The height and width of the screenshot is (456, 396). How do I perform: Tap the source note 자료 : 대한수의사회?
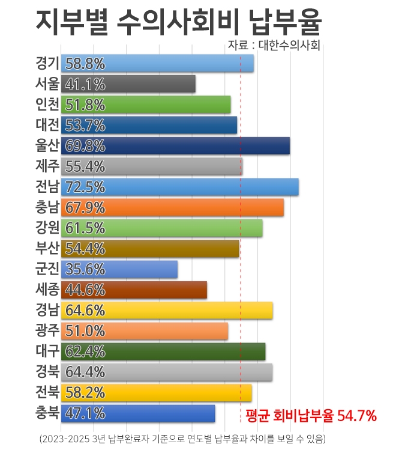274,45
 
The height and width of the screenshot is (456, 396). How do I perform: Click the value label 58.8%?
85,64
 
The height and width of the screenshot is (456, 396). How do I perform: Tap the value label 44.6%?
85,290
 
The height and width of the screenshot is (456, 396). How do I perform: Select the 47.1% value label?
85,413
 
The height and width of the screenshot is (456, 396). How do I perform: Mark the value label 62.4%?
85,351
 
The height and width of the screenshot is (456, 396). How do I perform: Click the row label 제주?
47,166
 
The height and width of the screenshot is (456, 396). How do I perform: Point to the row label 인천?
47,105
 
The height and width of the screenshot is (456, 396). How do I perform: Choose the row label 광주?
47,330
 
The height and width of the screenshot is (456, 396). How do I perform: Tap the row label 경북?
47,372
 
